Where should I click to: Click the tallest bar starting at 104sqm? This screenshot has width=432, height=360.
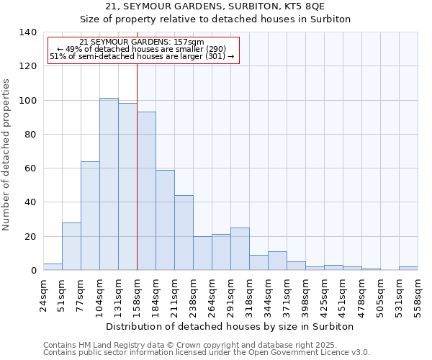click(109, 184)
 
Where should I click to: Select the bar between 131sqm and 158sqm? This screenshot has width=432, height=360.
click(127, 187)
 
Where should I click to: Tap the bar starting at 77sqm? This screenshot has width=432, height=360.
click(90, 216)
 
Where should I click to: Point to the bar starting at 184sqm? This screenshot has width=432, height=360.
click(165, 220)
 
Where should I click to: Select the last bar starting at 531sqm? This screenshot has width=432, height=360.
click(408, 269)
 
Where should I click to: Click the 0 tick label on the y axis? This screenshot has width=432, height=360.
click(33, 271)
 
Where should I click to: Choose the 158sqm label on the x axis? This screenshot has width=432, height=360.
click(138, 294)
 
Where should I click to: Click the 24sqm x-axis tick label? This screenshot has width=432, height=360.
click(44, 294)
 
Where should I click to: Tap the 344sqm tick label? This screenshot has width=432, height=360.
click(269, 294)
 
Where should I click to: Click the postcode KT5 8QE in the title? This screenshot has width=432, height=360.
click(305, 6)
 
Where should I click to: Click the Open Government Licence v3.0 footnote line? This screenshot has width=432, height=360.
click(207, 352)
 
